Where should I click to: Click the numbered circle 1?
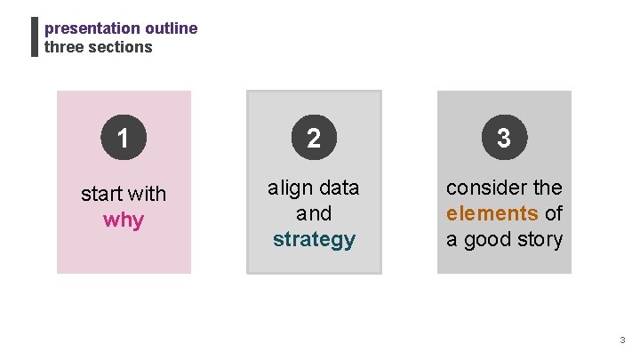click(124, 138)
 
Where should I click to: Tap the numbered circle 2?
click(314, 138)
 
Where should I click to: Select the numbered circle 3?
click(504, 138)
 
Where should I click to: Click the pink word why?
click(124, 220)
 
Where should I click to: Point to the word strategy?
click(314, 239)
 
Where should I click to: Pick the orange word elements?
click(492, 213)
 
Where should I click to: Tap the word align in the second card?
click(290, 188)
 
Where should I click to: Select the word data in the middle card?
click(338, 188)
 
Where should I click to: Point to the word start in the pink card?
click(100, 194)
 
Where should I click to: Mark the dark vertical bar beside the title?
click(35, 37)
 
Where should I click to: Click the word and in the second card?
click(314, 213)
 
